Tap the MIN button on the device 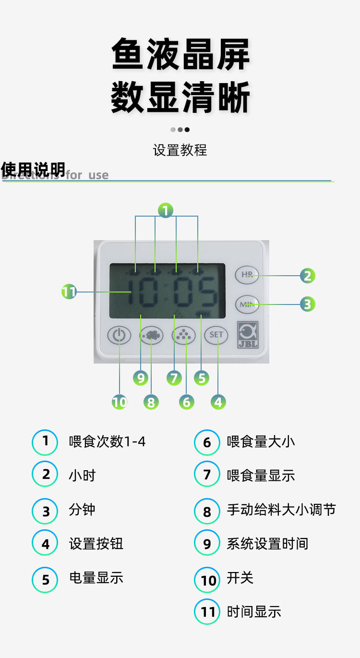click(x=247, y=304)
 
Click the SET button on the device click(x=216, y=335)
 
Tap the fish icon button click(x=152, y=335)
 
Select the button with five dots click(x=184, y=335)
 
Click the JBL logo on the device click(x=248, y=334)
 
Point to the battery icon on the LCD click(x=204, y=314)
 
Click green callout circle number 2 click(x=308, y=276)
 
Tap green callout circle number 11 click(x=69, y=292)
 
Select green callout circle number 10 click(x=119, y=402)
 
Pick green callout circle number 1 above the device click(x=165, y=210)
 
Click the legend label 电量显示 click(x=96, y=578)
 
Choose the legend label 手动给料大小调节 click(x=281, y=510)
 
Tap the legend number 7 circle click(x=207, y=475)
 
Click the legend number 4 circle click(x=45, y=544)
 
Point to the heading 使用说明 click(x=33, y=170)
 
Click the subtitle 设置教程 click(x=180, y=150)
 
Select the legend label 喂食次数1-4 click(x=107, y=441)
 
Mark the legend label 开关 click(x=240, y=578)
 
